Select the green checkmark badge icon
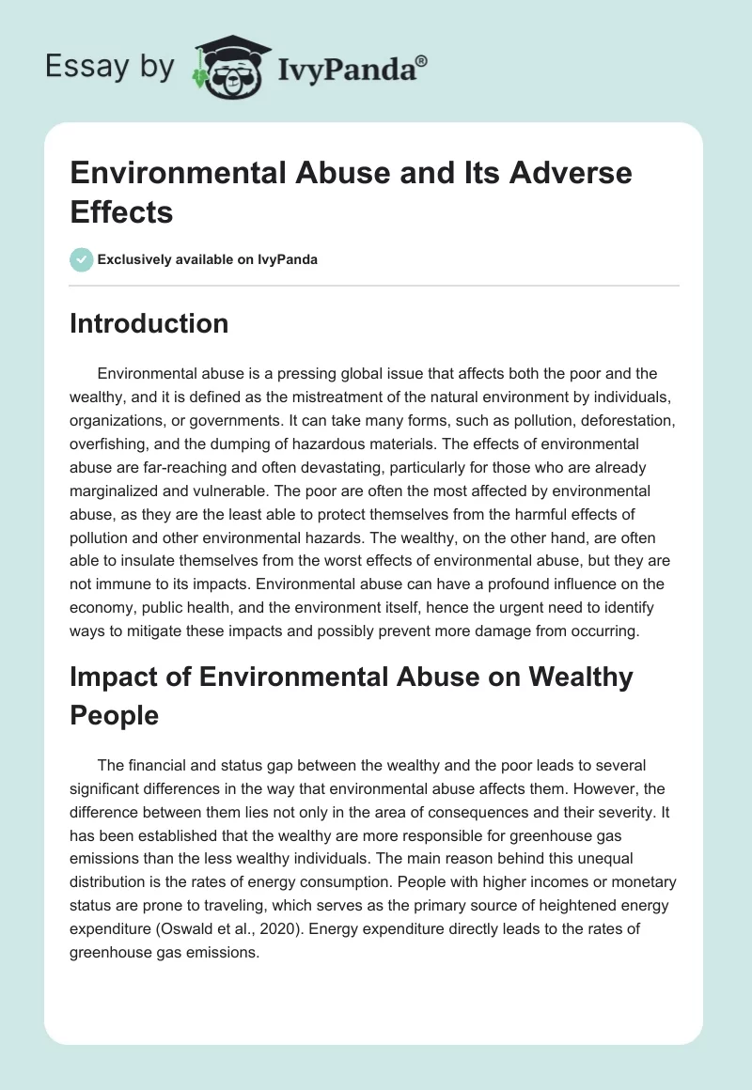tap(82, 259)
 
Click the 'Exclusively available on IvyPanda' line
tap(207, 259)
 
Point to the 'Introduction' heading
tap(149, 323)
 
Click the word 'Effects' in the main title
tap(122, 211)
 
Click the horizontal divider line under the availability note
tap(375, 286)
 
